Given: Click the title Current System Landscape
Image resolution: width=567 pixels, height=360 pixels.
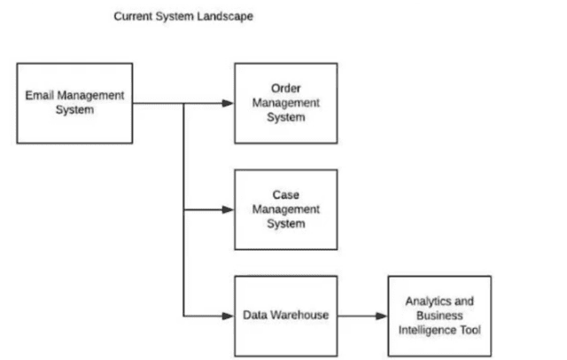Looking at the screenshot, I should (183, 16).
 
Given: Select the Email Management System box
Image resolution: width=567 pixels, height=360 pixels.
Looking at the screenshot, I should (74, 103).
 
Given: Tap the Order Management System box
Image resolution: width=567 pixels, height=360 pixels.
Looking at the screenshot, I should (285, 103).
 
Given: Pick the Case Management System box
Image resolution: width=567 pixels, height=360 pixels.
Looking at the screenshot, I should (285, 208).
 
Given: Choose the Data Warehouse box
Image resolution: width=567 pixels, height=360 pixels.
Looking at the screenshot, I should (285, 316).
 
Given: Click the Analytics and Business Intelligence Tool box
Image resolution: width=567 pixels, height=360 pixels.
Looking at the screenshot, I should (439, 316).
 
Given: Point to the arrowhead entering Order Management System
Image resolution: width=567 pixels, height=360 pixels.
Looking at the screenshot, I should (229, 104).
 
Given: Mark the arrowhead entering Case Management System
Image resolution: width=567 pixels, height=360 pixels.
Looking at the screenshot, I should (229, 210).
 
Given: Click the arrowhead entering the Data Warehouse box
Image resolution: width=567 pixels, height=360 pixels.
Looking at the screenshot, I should (229, 316).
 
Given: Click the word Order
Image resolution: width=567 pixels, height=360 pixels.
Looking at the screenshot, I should (285, 89).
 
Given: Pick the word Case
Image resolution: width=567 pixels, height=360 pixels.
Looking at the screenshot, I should (285, 194).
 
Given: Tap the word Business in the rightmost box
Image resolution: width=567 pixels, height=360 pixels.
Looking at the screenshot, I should (439, 316).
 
